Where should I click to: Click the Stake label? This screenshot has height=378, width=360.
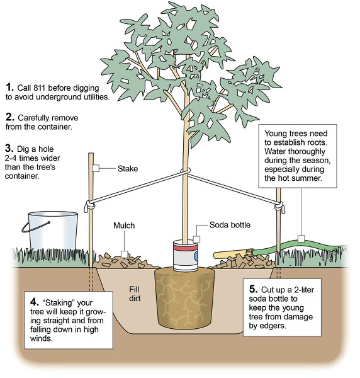point(128,168)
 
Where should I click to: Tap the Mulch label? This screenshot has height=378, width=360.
point(124,226)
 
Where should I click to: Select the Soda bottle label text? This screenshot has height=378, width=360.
point(230,225)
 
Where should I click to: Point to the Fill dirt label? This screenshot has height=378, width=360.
point(134,294)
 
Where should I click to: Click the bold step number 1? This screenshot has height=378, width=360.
point(9,87)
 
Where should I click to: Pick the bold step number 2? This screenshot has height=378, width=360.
point(10,117)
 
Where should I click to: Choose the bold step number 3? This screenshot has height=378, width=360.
point(9,148)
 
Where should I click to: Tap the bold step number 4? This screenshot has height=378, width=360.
point(35,302)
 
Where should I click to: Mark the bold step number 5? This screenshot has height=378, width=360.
point(254,289)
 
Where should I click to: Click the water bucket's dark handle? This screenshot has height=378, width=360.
point(35,227)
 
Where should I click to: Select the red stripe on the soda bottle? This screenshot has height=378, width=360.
point(186,248)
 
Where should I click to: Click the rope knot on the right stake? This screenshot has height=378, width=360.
point(279,207)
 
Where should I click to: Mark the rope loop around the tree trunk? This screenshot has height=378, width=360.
point(185,171)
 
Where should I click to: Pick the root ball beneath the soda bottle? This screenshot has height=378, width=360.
point(184,298)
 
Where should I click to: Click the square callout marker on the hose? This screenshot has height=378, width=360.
point(301,239)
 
